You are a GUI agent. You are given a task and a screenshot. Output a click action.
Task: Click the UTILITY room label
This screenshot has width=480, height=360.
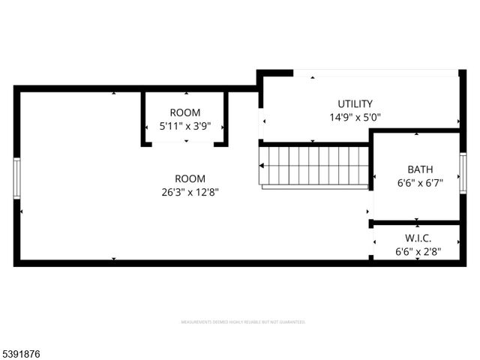pyautogui.click(x=355, y=103)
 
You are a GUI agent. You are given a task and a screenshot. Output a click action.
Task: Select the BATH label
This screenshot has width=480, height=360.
pyautogui.click(x=420, y=169)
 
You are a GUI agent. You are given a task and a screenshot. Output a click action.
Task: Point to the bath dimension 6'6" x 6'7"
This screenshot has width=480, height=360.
pyautogui.click(x=420, y=182)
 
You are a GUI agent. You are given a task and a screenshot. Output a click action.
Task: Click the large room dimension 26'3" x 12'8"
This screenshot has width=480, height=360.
pyautogui.click(x=190, y=191)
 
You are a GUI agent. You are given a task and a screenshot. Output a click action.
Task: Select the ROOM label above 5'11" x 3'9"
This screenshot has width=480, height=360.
pyautogui.click(x=184, y=112)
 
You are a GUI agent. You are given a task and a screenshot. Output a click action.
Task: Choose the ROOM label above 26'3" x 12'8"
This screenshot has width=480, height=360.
pyautogui.click(x=190, y=178)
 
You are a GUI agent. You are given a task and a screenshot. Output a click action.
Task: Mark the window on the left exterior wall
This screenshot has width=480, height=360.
pyautogui.click(x=16, y=178)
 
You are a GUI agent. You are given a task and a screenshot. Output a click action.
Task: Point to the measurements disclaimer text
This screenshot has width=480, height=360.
pyautogui.click(x=243, y=322)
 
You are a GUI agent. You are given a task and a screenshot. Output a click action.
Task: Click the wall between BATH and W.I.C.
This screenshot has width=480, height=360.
pyautogui.click(x=416, y=223)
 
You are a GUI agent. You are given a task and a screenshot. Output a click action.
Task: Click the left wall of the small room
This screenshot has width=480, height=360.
pyautogui.click(x=143, y=118)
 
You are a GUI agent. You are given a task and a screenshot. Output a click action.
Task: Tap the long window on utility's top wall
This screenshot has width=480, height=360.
pyautogui.click(x=375, y=73)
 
